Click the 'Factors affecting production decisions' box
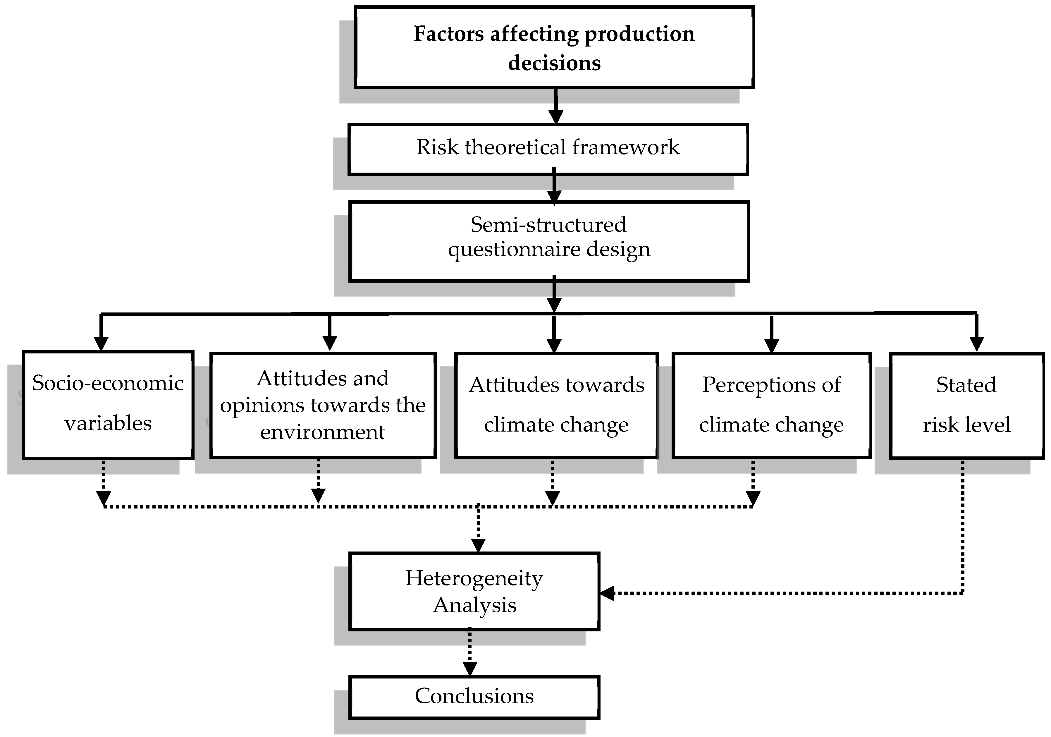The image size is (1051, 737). point(554,47)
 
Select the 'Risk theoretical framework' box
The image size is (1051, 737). point(548,149)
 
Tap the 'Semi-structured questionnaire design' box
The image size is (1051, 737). point(549,241)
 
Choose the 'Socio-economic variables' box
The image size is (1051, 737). point(108,405)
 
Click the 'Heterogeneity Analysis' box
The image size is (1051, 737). point(474,591)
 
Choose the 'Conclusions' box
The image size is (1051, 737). point(474,697)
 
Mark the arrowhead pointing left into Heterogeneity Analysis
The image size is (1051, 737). point(606,593)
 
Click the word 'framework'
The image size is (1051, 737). point(625,147)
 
